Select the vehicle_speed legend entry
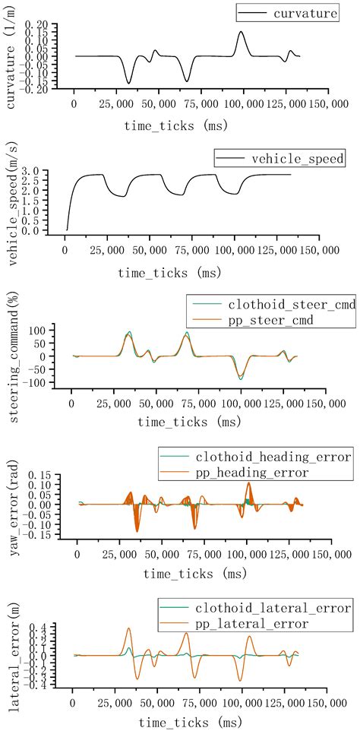pos(292,160)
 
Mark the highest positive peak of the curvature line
pos(241,32)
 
